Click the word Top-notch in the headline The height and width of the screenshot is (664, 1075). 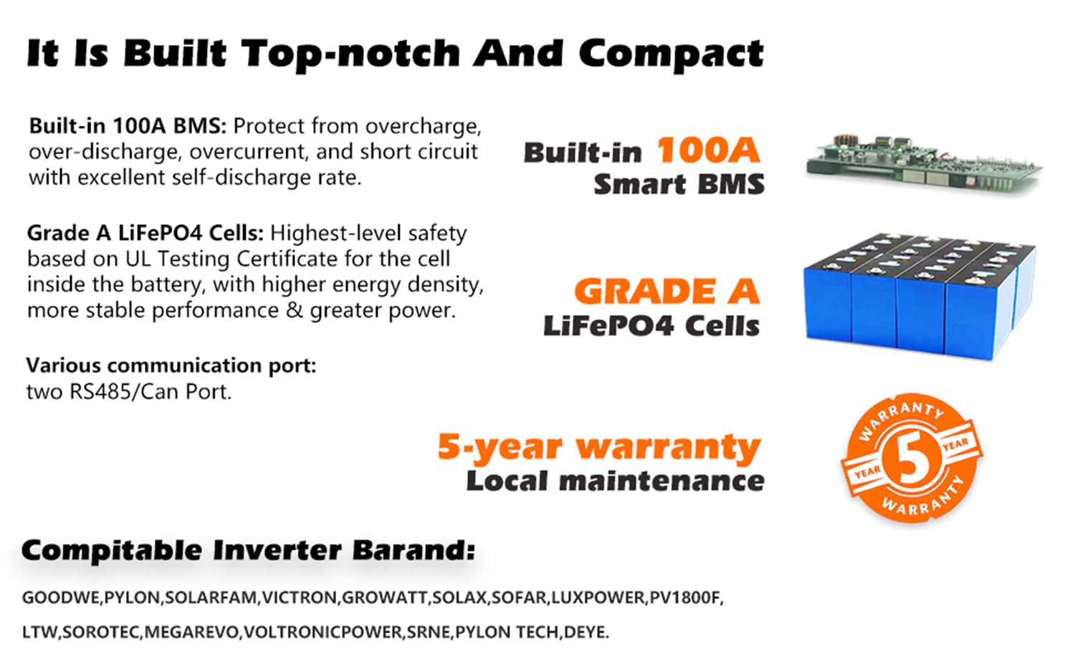(x=351, y=54)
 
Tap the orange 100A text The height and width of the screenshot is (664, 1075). (x=708, y=150)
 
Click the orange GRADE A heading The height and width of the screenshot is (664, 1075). (x=667, y=292)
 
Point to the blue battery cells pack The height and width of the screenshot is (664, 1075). (x=919, y=296)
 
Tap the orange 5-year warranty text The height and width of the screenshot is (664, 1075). (x=599, y=447)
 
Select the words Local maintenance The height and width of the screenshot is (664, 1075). (x=615, y=481)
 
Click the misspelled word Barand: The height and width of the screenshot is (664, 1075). (x=414, y=550)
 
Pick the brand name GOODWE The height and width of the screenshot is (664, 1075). (x=60, y=598)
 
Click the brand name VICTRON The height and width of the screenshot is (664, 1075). (x=300, y=598)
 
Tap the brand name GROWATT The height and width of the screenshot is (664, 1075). (x=384, y=598)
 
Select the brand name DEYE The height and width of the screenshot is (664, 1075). (x=584, y=632)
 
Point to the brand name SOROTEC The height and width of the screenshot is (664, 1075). (x=101, y=632)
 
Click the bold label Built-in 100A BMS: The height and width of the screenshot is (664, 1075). (x=128, y=126)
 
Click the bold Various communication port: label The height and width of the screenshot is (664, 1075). (x=171, y=365)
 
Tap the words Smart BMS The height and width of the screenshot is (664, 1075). (x=679, y=184)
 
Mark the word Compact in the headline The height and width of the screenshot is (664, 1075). (x=671, y=54)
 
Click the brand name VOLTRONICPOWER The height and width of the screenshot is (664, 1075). (x=322, y=632)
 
